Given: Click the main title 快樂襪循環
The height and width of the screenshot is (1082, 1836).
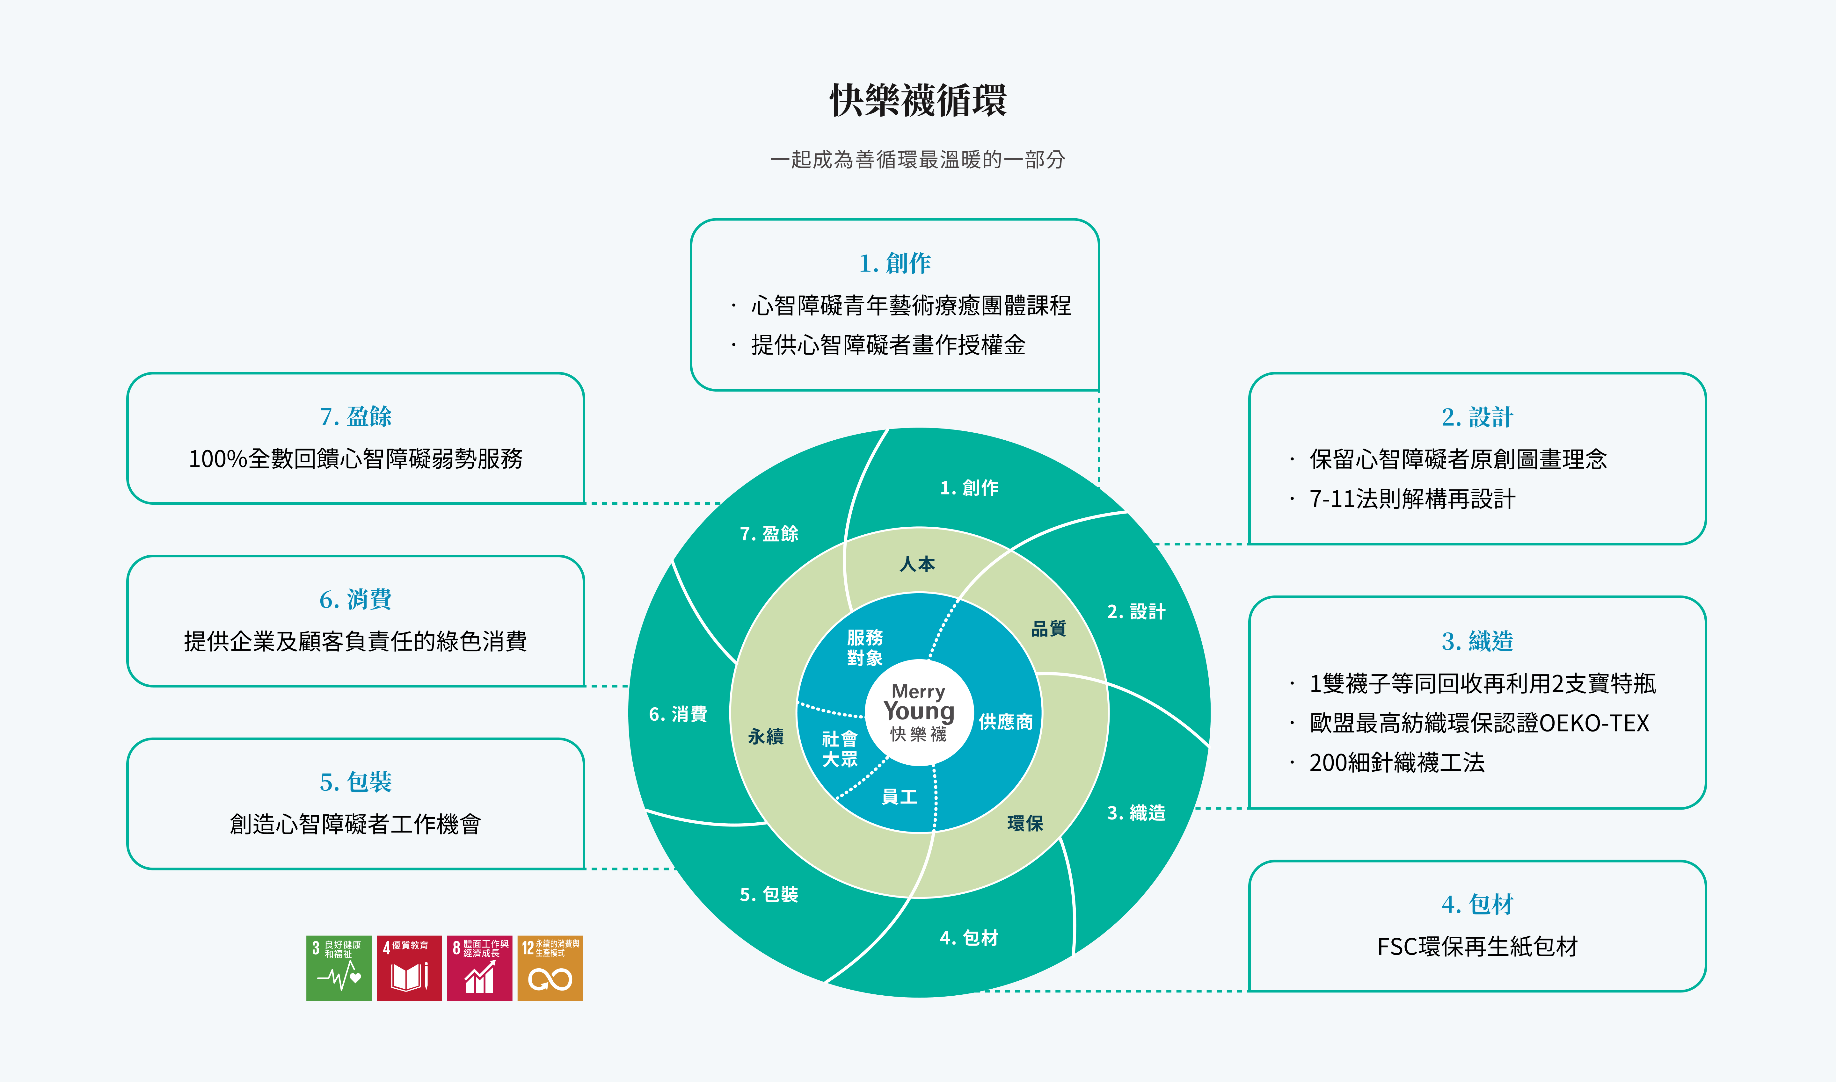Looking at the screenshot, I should [918, 100].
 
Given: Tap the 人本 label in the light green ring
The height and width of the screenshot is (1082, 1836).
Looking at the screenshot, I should [917, 564].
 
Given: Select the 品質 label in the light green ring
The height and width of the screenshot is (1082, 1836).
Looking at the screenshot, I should [1048, 629].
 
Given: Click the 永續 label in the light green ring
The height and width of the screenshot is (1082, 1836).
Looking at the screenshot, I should [765, 736].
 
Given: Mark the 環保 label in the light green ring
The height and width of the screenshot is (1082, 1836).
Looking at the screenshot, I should [1025, 823].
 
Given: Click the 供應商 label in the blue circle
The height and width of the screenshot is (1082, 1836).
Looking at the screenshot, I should [1005, 722].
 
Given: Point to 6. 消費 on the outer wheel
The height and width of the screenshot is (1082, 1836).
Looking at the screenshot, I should [678, 714].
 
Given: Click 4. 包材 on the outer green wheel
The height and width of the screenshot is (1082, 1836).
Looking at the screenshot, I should [969, 938].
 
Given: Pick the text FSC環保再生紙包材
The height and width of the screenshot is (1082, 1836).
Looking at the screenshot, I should [1477, 946].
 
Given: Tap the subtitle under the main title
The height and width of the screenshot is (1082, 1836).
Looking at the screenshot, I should [918, 160].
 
